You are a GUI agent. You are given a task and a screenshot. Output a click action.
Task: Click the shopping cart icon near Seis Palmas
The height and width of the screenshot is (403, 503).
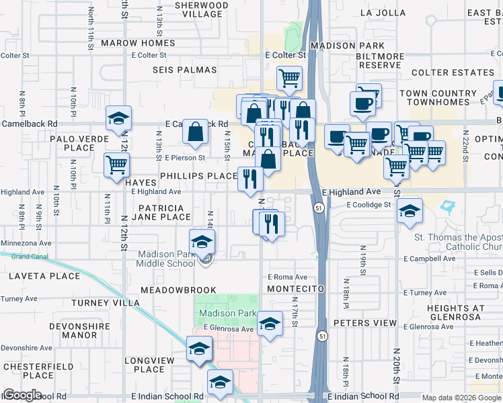click(x=289, y=78)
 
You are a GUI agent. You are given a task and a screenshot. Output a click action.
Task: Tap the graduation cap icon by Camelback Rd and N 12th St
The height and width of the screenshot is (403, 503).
click(x=118, y=118)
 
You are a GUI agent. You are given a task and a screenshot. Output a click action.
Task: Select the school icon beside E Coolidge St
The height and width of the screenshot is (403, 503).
click(x=410, y=211)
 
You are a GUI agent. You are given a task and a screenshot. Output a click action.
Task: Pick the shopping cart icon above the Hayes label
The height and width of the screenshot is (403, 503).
click(x=117, y=164)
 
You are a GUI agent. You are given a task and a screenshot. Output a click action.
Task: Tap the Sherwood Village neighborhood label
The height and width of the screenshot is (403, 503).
click(x=198, y=9)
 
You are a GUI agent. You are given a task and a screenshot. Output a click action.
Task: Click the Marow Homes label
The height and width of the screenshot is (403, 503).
click(x=138, y=43)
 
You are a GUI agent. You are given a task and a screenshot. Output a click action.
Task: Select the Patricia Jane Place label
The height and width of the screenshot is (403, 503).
click(x=165, y=212)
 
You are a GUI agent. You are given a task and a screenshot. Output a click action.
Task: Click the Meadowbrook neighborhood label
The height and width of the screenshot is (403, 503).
click(x=178, y=290)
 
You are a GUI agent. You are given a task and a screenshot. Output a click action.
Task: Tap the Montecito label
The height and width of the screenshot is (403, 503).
click(x=295, y=288)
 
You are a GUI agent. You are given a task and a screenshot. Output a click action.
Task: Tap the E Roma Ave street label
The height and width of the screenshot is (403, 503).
click(x=287, y=277)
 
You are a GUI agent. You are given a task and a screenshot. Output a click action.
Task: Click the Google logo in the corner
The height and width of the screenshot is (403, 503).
click(x=22, y=395)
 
